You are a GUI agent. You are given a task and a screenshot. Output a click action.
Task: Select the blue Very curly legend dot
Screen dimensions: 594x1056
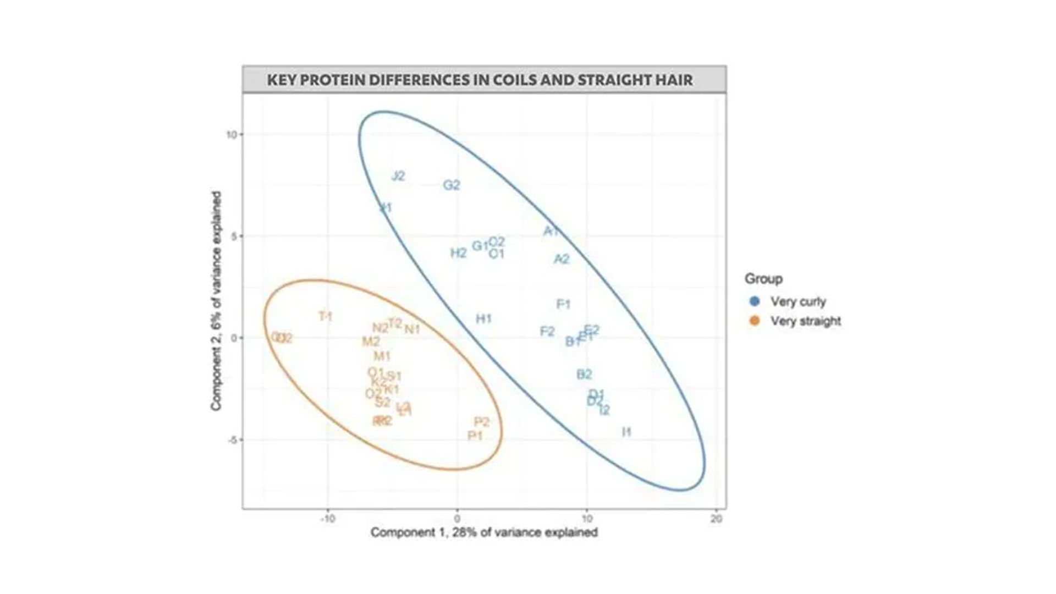(x=755, y=301)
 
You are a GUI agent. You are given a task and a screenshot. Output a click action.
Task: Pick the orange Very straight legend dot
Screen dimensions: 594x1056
(x=755, y=321)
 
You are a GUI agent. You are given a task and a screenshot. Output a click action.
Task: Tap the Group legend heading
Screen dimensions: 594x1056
(x=763, y=279)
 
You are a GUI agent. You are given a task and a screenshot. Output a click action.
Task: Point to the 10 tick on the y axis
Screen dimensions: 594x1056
(x=231, y=135)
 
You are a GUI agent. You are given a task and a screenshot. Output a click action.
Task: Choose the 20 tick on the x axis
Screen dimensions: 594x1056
(x=716, y=519)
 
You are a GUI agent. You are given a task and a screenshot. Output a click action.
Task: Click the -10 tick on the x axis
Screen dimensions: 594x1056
(x=328, y=519)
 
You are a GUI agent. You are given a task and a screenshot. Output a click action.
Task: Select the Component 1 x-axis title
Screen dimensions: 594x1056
(x=484, y=532)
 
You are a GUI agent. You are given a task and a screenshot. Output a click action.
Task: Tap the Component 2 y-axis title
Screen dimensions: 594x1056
(x=216, y=300)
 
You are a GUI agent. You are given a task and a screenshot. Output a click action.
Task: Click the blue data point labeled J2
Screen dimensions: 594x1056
(x=398, y=176)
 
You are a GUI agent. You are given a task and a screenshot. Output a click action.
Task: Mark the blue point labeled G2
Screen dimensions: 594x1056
(x=452, y=185)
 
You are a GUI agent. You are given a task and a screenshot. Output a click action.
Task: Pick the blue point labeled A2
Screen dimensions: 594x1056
(x=562, y=259)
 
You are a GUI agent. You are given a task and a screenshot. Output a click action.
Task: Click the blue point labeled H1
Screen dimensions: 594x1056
(x=483, y=319)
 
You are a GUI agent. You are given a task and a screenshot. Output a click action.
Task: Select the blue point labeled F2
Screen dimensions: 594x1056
(x=547, y=331)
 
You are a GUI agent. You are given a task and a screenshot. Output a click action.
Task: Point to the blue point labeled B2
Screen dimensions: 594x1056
(x=584, y=375)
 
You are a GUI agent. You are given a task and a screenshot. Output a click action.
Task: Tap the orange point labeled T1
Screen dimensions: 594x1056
(x=326, y=317)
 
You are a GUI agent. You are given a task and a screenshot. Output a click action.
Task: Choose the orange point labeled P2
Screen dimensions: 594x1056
(x=481, y=422)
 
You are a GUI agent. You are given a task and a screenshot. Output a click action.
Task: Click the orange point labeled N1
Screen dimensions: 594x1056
(x=412, y=329)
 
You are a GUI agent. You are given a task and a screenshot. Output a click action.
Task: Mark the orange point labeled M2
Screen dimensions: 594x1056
(x=371, y=342)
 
